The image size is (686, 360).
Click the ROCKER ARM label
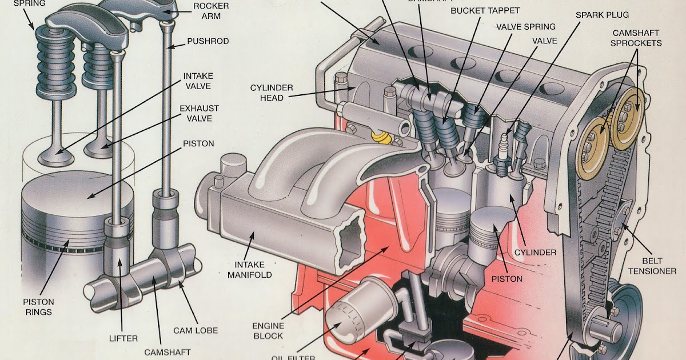[211, 11]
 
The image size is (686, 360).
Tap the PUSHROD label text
[208, 42]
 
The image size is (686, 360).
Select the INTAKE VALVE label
[197, 81]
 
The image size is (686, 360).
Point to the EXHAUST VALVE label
[199, 113]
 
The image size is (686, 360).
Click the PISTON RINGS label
[38, 307]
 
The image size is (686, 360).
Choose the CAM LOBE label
[196, 330]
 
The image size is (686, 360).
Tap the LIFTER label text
[123, 338]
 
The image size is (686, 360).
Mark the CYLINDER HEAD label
[272, 93]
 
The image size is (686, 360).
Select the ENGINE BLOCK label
[268, 331]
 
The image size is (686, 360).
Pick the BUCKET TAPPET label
[485, 11]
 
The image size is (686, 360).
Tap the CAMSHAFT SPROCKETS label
[636, 38]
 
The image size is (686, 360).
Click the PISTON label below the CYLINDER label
[506, 279]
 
